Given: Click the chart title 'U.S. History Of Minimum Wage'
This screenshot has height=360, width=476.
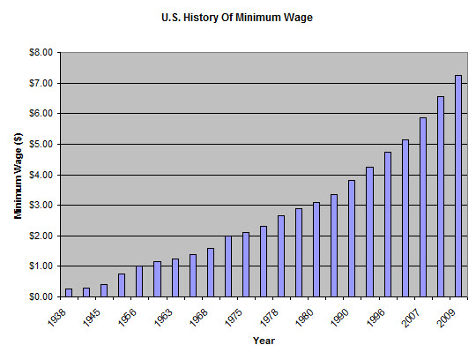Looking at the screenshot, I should [x=237, y=16].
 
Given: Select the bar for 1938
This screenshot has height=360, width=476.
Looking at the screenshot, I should [x=69, y=292].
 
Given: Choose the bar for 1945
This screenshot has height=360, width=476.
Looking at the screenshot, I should [x=104, y=290].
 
